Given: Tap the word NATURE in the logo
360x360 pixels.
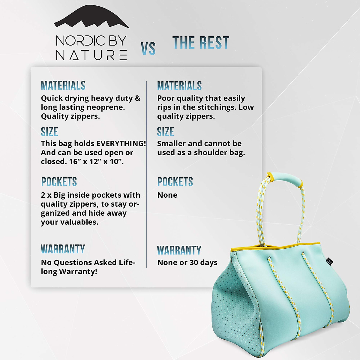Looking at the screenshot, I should [x=91, y=55].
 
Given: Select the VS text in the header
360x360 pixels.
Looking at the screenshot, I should [x=148, y=49].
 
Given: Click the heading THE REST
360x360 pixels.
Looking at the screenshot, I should [x=201, y=43].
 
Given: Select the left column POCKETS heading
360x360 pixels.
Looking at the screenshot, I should [x=59, y=182].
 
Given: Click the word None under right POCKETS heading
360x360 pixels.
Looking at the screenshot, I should [x=167, y=195].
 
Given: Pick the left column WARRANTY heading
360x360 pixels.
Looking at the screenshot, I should [x=63, y=249].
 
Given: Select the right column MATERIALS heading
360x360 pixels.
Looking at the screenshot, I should [x=179, y=86].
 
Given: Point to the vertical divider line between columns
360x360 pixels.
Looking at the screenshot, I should [x=146, y=174].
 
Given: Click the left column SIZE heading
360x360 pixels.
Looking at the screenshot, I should [x=49, y=132].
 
